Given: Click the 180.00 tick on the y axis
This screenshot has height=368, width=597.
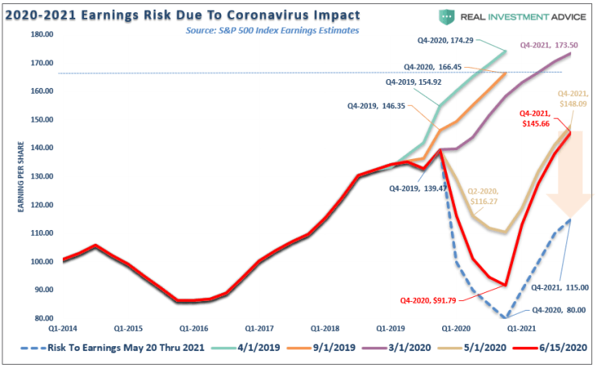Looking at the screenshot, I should click(x=43, y=34).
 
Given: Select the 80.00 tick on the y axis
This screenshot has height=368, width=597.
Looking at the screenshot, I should click(x=45, y=318).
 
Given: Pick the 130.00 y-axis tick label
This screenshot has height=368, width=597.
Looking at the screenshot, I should click(x=43, y=176).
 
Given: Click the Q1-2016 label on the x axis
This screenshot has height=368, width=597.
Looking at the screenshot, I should click(x=194, y=328).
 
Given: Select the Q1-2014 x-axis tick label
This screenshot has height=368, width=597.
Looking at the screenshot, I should click(x=63, y=328).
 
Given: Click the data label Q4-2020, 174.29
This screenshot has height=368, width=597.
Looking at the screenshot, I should click(x=459, y=40).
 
